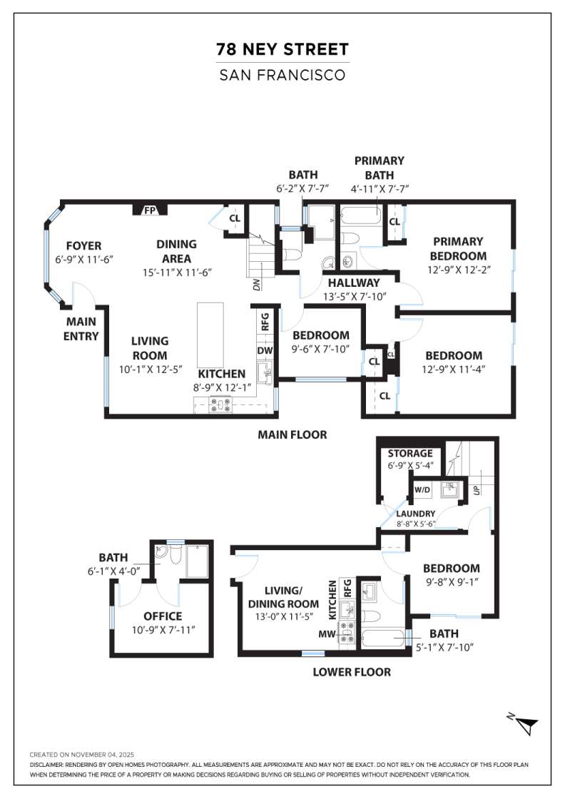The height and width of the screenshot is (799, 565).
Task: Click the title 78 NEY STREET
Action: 282,49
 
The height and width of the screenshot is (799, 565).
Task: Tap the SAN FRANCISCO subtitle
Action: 282,74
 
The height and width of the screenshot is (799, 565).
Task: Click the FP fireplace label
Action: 150,210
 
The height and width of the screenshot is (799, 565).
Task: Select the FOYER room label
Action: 84,245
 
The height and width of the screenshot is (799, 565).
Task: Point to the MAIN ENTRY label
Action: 81,329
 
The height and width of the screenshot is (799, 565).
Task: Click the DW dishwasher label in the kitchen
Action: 263,350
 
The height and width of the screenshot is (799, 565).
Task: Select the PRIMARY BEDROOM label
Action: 458,248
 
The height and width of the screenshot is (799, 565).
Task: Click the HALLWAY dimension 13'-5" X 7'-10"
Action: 355,296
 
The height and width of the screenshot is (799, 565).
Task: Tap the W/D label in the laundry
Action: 422,490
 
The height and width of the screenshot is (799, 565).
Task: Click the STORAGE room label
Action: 410,453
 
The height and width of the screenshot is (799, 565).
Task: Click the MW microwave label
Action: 327,633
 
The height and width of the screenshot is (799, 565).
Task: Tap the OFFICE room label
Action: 163,616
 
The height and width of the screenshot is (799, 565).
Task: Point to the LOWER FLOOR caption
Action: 352,671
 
